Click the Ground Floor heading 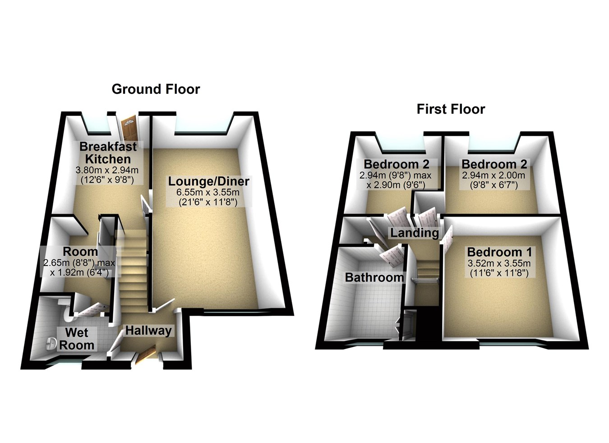[156, 89]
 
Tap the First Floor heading [451, 109]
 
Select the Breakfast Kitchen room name [108, 152]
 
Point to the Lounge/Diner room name [208, 181]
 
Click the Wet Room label [77, 339]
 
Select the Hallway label [148, 331]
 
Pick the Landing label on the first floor [414, 233]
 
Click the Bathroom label [374, 277]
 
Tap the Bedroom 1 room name [499, 252]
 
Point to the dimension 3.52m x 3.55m [499, 263]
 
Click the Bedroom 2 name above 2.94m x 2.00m [494, 164]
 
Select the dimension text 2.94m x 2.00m [494, 175]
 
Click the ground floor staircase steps [133, 271]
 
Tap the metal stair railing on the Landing [425, 280]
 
